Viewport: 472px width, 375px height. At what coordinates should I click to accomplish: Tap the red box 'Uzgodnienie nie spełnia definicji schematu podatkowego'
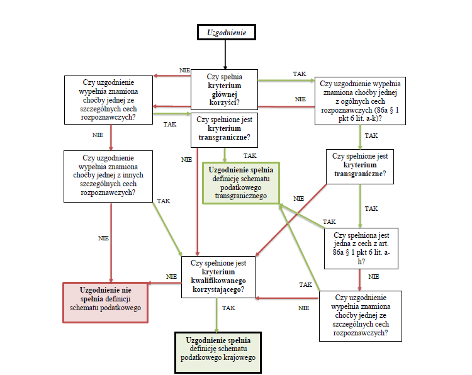[106, 303]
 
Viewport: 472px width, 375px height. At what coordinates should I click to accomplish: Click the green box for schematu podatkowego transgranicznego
[240, 183]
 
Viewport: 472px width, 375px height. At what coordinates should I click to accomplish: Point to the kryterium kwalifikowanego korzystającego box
[218, 276]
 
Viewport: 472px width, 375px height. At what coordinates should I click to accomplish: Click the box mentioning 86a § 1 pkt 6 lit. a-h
[361, 249]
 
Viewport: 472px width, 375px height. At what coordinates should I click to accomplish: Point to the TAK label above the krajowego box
[228, 308]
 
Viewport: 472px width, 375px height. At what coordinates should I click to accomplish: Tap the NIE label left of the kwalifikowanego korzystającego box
[171, 276]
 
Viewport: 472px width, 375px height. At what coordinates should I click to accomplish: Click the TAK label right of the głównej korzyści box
[300, 74]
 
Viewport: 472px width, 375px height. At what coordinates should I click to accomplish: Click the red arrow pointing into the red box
[164, 284]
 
